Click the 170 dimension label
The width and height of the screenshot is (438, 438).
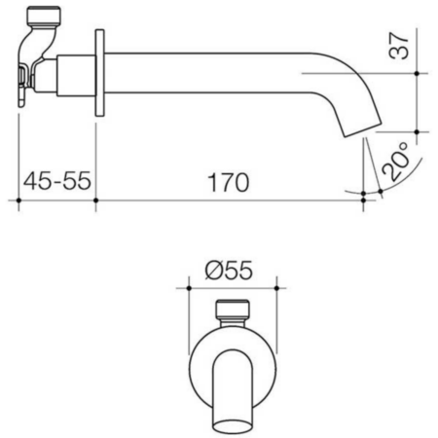point(228,183)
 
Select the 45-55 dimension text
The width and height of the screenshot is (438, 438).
point(57,181)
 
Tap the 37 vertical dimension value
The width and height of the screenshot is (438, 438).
point(399,46)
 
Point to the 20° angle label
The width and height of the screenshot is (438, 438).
point(395,162)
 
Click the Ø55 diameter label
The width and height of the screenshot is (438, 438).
point(229,271)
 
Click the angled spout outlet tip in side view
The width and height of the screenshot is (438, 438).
point(362,128)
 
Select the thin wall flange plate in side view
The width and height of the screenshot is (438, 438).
point(99,73)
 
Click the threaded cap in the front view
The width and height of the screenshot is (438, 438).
point(233,310)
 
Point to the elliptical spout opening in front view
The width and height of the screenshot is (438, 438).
point(233,426)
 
